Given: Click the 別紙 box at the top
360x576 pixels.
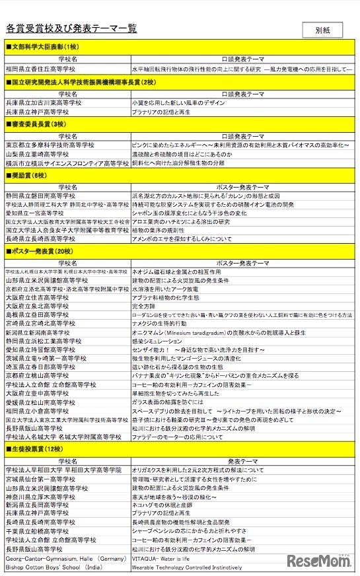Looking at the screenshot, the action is click(x=322, y=30).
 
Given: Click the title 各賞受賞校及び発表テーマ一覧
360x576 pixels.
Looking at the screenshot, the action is click(x=71, y=28).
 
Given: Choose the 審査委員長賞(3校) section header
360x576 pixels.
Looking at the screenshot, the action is click(x=36, y=124).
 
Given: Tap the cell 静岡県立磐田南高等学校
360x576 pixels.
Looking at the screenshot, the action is click(x=39, y=196).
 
